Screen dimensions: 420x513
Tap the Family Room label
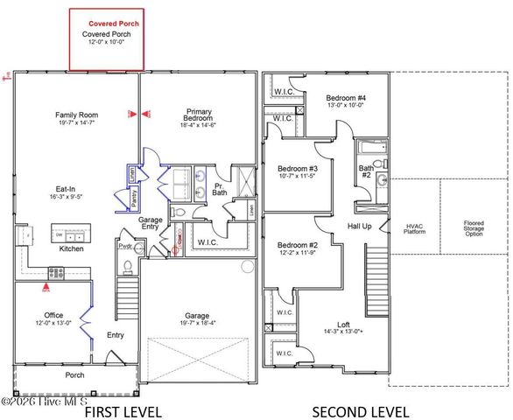point(76,115)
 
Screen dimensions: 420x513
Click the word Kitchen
point(72,249)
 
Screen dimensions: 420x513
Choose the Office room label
point(53,315)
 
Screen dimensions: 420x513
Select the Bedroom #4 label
point(346,97)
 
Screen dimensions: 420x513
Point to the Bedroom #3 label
point(298,169)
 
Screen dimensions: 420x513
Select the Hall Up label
point(359,226)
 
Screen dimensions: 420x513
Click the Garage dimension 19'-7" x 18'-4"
point(196,323)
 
